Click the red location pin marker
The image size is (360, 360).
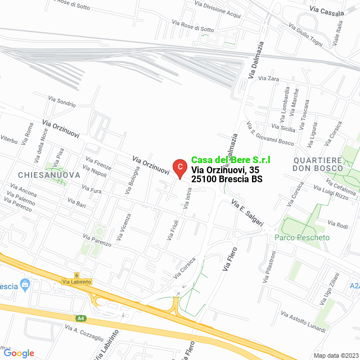click(179, 167)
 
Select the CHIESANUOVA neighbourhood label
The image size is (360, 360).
click(49, 175)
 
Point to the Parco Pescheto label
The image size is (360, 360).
click(302, 237)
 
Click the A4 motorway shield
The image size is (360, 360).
click(82, 318)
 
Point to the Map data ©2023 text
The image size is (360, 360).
click(335, 355)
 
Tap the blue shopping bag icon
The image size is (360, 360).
click(25, 285)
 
